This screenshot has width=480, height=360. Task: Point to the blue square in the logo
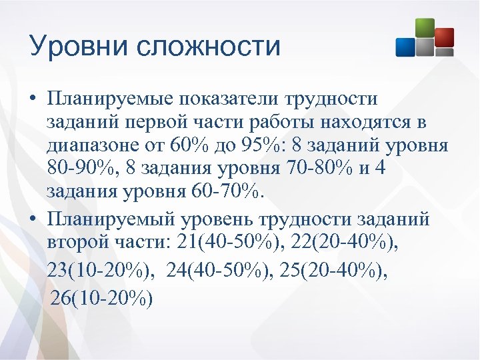point(406,46)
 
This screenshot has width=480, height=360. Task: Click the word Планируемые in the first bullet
point(106,99)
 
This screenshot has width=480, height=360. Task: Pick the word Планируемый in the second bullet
point(107,219)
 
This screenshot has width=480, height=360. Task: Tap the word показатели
point(227,99)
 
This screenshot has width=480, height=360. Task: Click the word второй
point(81,243)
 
